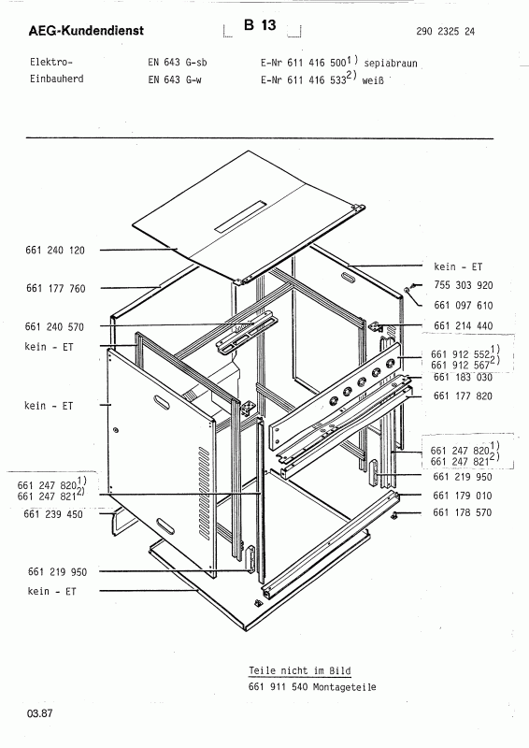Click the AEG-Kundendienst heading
86,31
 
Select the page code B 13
260,25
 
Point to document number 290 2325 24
446,32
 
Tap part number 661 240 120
55,250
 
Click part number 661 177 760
56,288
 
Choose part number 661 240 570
54,326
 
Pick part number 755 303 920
464,285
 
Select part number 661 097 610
464,306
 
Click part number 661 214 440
464,325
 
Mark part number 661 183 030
464,378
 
